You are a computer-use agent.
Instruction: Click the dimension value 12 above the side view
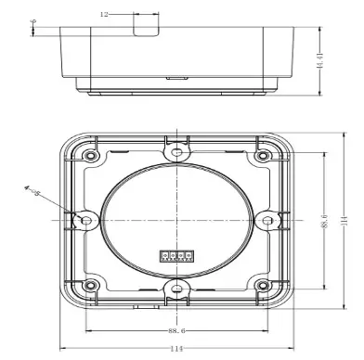pyautogui.click(x=104, y=14)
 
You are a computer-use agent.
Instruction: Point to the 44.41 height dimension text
pyautogui.click(x=319, y=62)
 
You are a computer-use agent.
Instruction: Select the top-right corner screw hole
pyautogui.click(x=262, y=152)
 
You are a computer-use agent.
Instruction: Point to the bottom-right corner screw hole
pyautogui.click(x=262, y=286)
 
